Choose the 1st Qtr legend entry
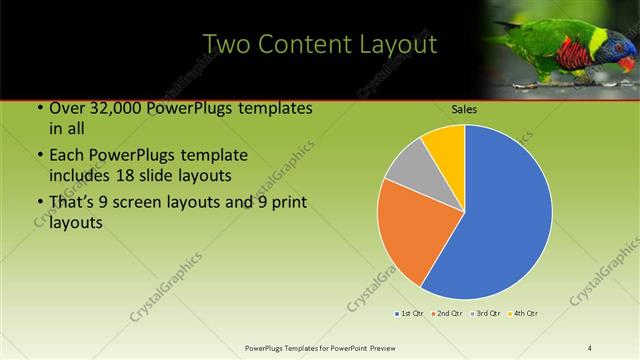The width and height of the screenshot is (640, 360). pyautogui.click(x=410, y=314)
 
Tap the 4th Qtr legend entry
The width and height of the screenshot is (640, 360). pyautogui.click(x=525, y=314)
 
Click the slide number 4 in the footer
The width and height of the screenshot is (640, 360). pyautogui.click(x=590, y=347)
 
